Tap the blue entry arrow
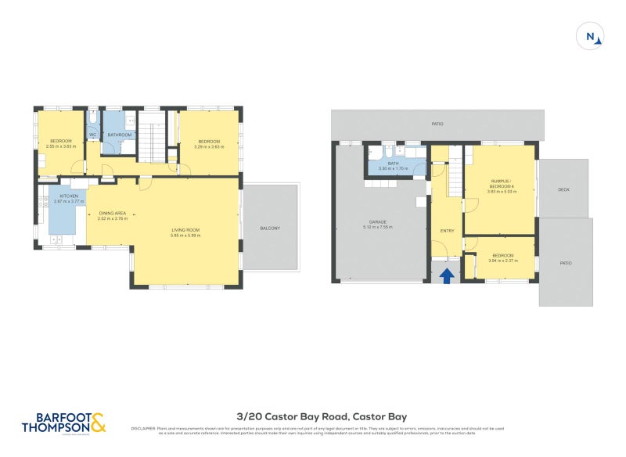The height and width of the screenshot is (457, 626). coord(447,275)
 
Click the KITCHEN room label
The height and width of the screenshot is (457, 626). coord(68,196)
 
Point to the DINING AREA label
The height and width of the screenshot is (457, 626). coord(112,214)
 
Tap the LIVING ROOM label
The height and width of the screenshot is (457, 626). coord(186,230)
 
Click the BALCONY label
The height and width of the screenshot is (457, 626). coord(270,228)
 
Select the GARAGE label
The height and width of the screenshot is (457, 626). coord(378,222)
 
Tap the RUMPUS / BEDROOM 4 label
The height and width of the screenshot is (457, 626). coord(501,184)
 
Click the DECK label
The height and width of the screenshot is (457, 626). coord(563,190)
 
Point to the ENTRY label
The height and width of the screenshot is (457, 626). coord(447,231)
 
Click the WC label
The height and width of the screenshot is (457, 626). coord(92,135)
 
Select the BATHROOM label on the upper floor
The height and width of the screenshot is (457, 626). coord(119,135)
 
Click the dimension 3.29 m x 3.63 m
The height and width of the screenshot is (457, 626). coord(209,146)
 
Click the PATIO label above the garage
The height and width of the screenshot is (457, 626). coord(437,124)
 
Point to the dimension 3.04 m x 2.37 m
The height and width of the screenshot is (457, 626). coord(502,261)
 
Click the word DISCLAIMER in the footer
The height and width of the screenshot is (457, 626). coord(143,428)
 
